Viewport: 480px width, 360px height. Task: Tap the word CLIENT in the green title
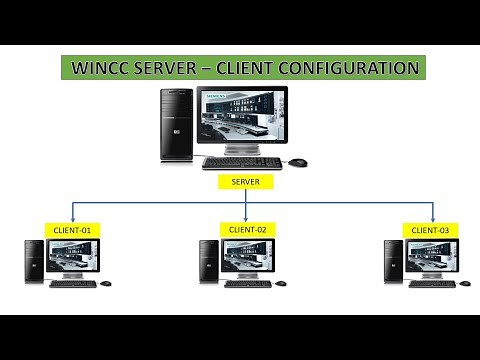pyautogui.click(x=250, y=69)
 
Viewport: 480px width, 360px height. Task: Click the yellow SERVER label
pyautogui.click(x=245, y=182)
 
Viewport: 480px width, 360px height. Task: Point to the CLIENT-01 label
pyautogui.click(x=72, y=230)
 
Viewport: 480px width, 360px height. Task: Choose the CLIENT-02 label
pyautogui.click(x=247, y=229)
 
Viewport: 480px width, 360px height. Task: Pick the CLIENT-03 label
pyautogui.click(x=431, y=230)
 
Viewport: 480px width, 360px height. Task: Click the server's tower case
pyautogui.click(x=177, y=124)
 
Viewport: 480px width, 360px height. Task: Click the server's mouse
pyautogui.click(x=298, y=162)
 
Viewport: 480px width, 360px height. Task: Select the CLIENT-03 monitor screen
pyautogui.click(x=431, y=256)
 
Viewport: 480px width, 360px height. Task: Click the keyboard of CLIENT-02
pyautogui.click(x=247, y=283)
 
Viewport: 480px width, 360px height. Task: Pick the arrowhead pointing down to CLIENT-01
pyautogui.click(x=72, y=219)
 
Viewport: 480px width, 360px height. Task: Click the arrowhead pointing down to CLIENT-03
pyautogui.click(x=432, y=219)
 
